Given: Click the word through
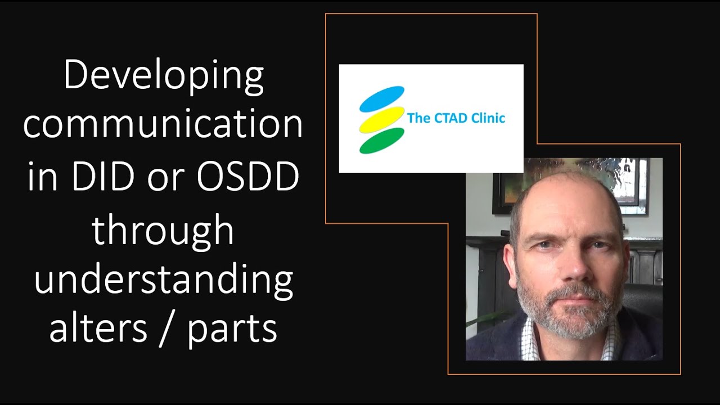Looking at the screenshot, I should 163,231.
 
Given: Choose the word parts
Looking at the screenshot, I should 232,331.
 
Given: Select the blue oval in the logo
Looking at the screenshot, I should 382,98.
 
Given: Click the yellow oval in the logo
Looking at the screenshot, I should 382,119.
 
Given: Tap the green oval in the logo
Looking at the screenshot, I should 382,141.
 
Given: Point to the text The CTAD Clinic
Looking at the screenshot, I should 456,118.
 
